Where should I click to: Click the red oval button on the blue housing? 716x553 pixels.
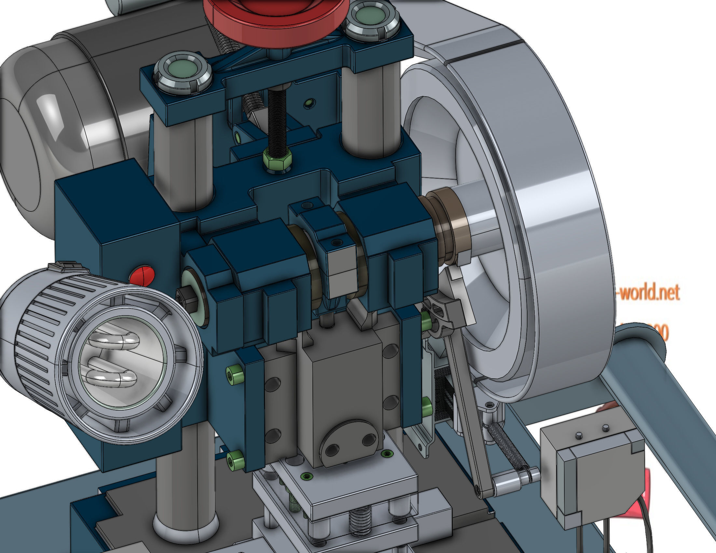[142, 275]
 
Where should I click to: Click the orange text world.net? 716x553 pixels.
[649, 292]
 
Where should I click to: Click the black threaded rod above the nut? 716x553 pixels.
[277, 118]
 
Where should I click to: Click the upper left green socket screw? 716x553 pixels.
[234, 371]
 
